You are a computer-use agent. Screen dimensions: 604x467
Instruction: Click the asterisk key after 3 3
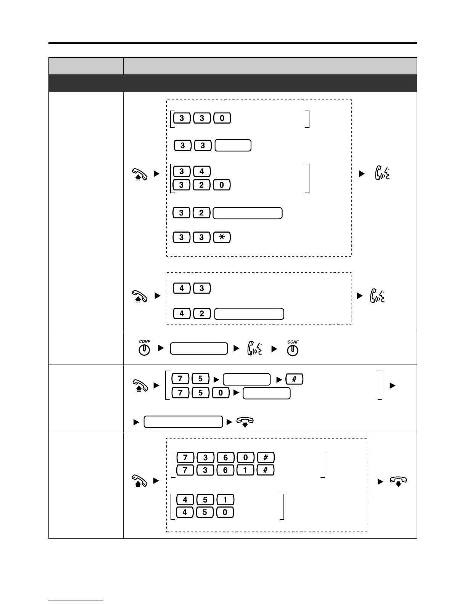point(222,237)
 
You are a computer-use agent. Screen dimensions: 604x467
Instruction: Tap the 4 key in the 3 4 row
point(202,171)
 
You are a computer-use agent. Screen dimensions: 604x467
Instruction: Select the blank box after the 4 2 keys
point(249,314)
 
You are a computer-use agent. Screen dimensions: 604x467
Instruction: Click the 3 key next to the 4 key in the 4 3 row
point(202,288)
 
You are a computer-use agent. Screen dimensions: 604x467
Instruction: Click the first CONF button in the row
point(144,349)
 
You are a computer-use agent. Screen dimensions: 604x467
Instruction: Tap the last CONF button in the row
point(293,349)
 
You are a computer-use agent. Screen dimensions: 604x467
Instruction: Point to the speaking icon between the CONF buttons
point(254,349)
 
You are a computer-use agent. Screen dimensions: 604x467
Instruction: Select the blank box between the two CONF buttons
point(199,349)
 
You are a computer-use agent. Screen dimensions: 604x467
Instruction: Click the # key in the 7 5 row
point(295,379)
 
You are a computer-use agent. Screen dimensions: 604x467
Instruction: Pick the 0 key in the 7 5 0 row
point(221,392)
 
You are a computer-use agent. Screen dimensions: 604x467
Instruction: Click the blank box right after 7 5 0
point(267,393)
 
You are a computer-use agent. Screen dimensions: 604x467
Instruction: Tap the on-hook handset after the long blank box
point(245,422)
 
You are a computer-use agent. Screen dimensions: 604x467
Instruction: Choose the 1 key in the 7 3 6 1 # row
point(245,470)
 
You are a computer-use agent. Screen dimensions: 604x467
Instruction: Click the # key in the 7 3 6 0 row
point(266,457)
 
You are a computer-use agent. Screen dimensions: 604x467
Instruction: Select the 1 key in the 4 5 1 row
point(225,500)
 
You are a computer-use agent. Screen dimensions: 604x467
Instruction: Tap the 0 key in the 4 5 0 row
point(225,512)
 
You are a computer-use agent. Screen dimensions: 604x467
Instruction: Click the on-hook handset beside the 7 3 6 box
point(398,482)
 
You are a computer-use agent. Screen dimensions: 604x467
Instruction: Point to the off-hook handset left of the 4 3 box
point(140,296)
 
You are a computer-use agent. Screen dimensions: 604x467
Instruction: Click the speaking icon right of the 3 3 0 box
point(382,174)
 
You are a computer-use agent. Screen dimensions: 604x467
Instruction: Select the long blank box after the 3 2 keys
point(248,213)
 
